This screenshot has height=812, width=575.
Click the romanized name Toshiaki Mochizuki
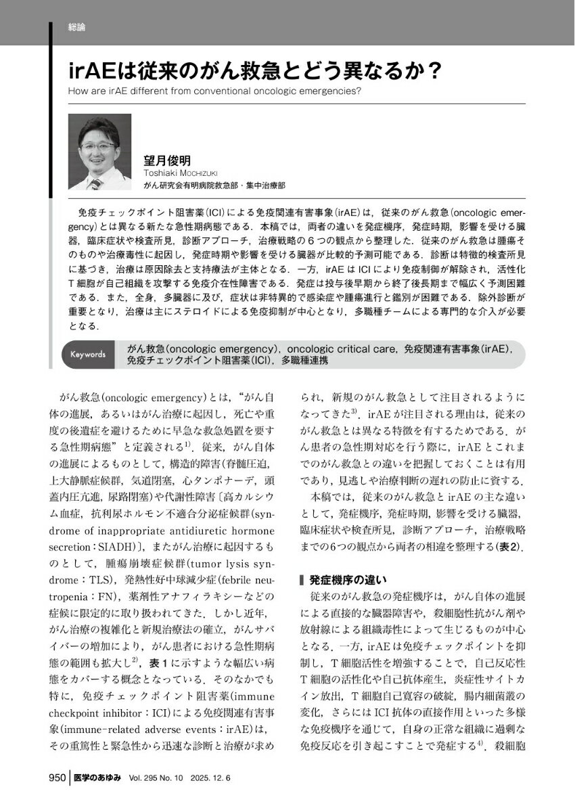pyautogui.click(x=179, y=173)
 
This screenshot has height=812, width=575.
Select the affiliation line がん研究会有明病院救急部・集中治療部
pyautogui.click(x=214, y=184)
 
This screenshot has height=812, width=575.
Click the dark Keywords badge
pyautogui.click(x=87, y=354)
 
